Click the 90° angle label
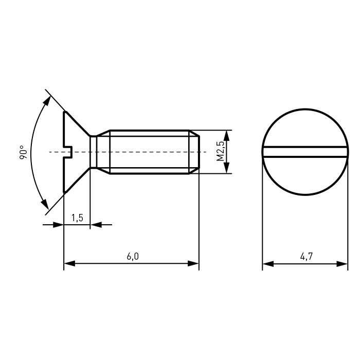pyautogui.click(x=24, y=152)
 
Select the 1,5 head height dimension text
pyautogui.click(x=77, y=218)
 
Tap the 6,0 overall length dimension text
pyautogui.click(x=133, y=257)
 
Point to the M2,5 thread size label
pyautogui.click(x=220, y=151)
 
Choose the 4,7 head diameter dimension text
pyautogui.click(x=307, y=257)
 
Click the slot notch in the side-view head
pyautogui.click(x=68, y=152)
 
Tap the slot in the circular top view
pyautogui.click(x=305, y=152)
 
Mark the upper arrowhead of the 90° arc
pyautogui.click(x=47, y=101)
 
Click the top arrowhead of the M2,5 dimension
pyautogui.click(x=226, y=136)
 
